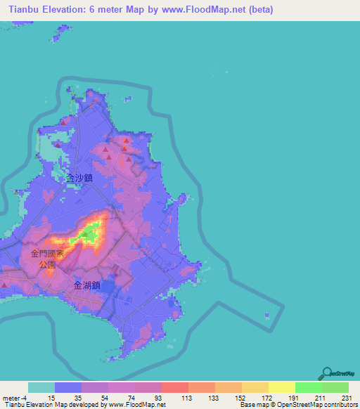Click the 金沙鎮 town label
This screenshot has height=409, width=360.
click(x=79, y=179)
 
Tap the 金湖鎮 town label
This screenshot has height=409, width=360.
click(x=87, y=285)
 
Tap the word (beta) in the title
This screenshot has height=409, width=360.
click(x=257, y=10)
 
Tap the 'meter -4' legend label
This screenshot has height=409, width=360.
click(x=15, y=397)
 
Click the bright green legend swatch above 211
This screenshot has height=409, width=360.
click(x=308, y=387)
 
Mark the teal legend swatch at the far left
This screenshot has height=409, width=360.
click(x=41, y=387)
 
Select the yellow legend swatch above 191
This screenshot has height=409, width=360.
click(x=281, y=387)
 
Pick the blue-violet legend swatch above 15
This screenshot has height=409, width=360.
click(x=67, y=387)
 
